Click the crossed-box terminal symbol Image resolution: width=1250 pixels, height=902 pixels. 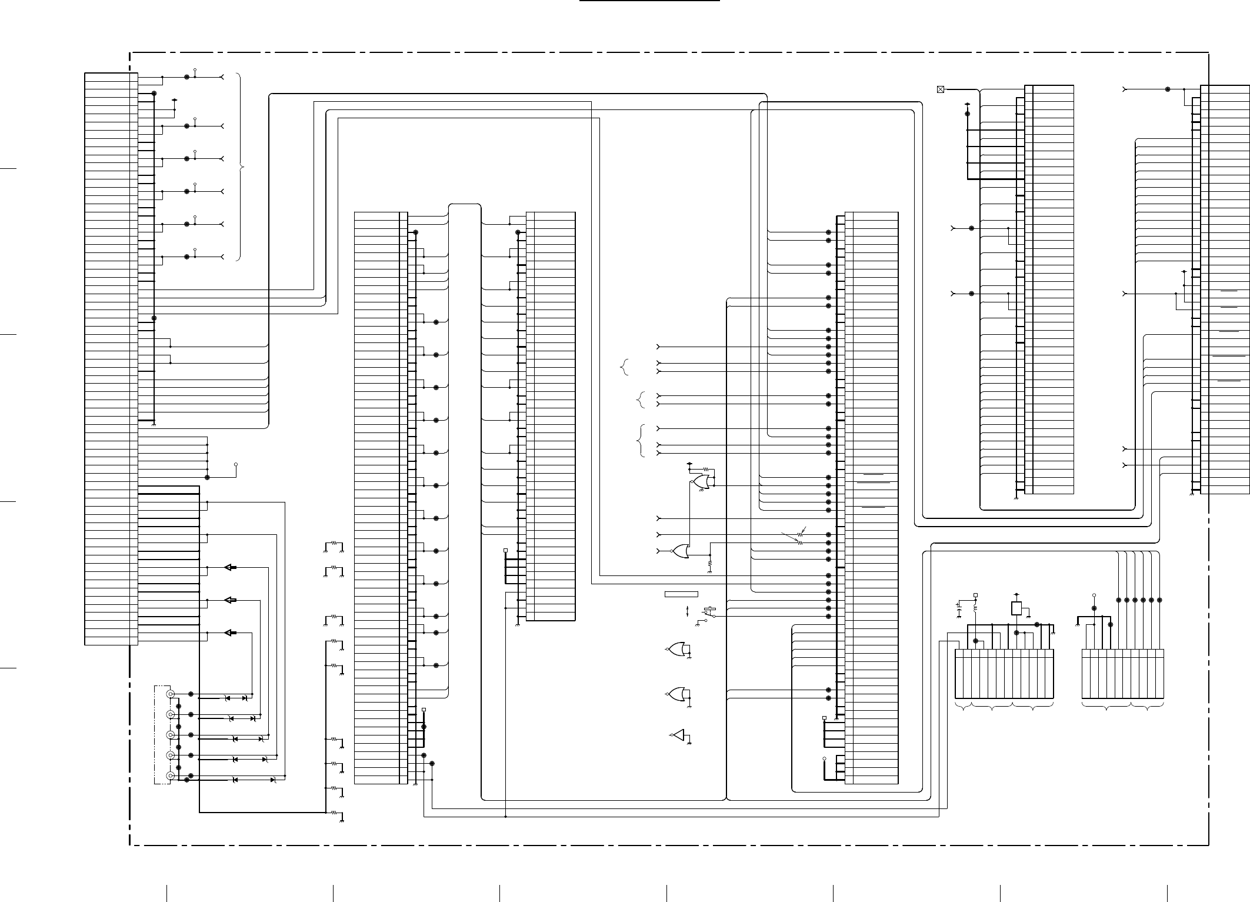(x=940, y=89)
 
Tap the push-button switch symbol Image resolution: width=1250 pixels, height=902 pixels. (x=710, y=613)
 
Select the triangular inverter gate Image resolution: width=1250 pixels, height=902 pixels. (x=679, y=735)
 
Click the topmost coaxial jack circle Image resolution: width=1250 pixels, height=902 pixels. (x=171, y=694)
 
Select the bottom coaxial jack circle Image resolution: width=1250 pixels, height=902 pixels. (x=171, y=776)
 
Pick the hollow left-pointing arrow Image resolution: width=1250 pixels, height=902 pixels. (x=231, y=600)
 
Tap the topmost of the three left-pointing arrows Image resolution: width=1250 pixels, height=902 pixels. (x=231, y=568)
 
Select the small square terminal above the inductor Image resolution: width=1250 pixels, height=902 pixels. (x=975, y=595)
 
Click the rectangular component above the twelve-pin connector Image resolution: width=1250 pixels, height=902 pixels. (x=1016, y=608)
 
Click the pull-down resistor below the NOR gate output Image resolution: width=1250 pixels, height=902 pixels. (x=710, y=563)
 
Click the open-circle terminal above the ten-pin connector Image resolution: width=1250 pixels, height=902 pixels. (x=1094, y=595)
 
